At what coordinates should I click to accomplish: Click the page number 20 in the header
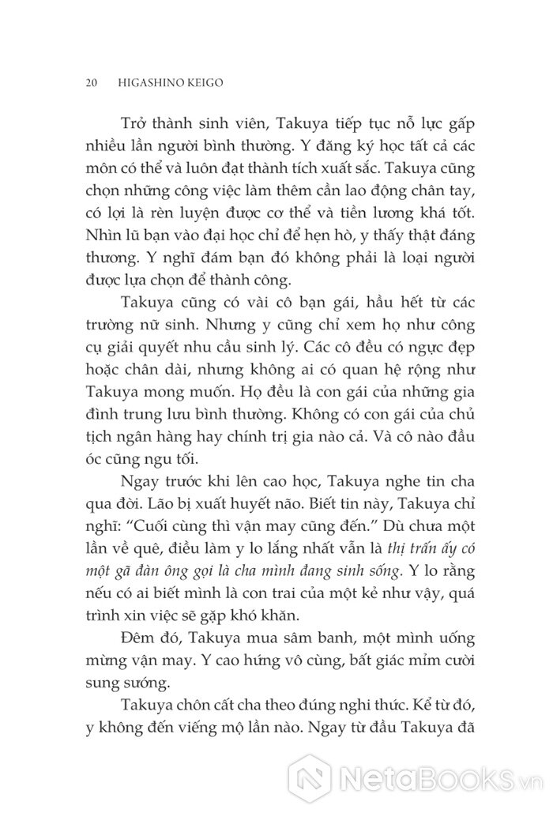[88, 81]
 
